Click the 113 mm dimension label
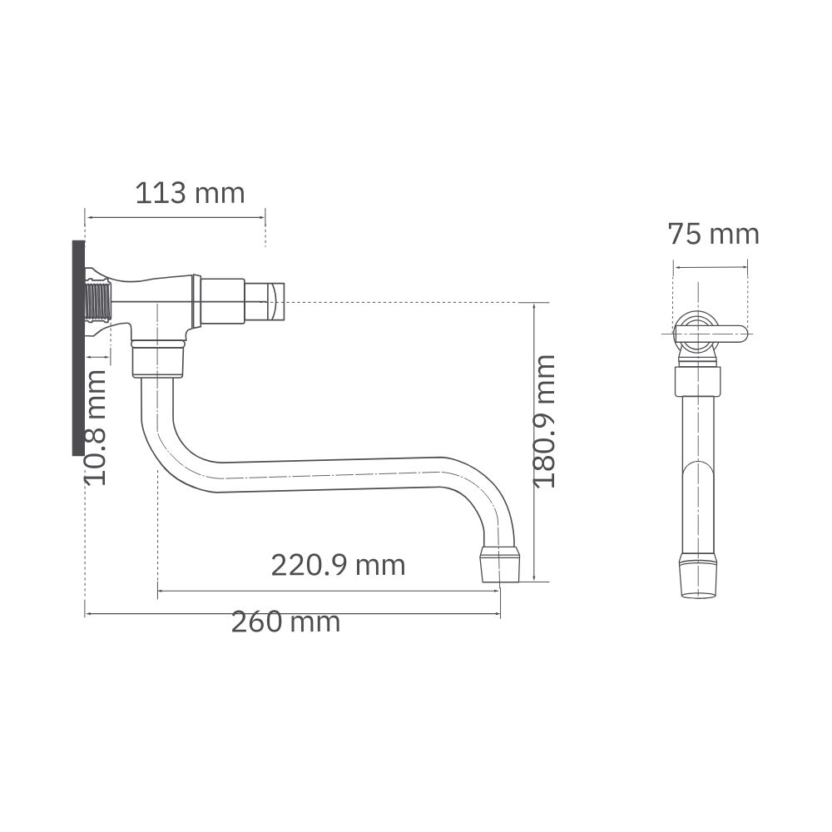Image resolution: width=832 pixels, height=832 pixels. (x=190, y=193)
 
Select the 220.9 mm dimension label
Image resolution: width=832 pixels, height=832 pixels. (x=338, y=565)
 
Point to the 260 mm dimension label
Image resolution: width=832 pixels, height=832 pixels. (x=285, y=622)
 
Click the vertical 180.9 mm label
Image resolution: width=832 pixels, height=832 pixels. (x=545, y=421)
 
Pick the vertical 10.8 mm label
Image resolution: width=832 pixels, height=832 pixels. (x=96, y=428)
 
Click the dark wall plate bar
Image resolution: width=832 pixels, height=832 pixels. (x=78, y=348)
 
